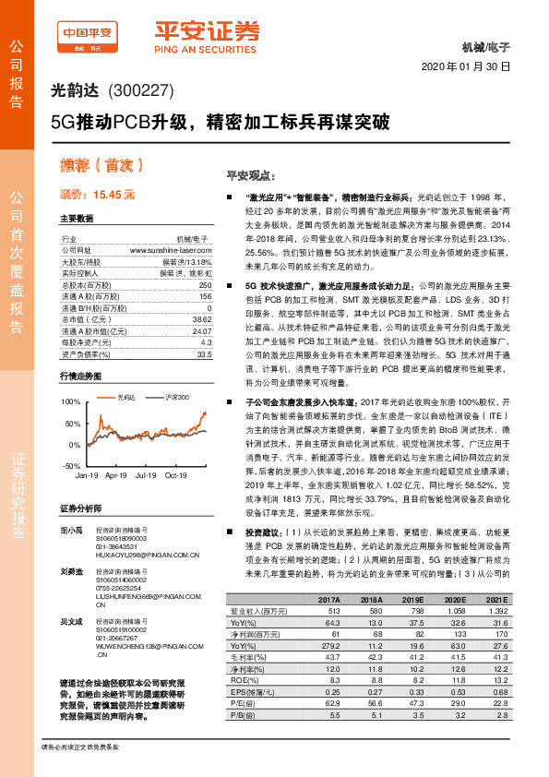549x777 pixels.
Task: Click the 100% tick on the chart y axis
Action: pyautogui.click(x=69, y=403)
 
